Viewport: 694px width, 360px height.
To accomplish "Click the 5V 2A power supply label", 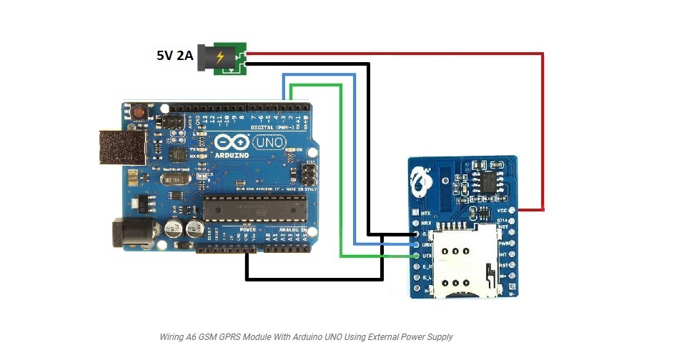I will pos(175,55).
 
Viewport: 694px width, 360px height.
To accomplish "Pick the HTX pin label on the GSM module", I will pos(427,213).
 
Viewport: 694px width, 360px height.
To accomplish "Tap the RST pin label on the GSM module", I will pos(503,264).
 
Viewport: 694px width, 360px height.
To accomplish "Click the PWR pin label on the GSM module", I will pos(503,243).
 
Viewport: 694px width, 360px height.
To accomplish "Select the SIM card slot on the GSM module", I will pos(464,259).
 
